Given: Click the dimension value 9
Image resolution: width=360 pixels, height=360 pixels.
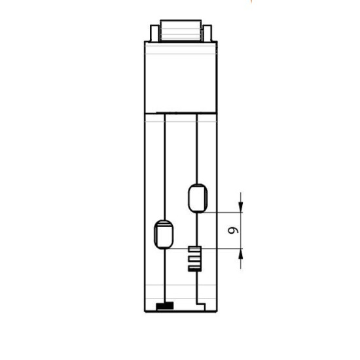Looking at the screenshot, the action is [x=233, y=230].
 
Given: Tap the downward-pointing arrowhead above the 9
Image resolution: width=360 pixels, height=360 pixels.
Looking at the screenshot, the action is [x=241, y=206].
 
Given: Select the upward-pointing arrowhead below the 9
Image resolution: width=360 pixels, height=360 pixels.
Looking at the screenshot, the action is [x=241, y=255].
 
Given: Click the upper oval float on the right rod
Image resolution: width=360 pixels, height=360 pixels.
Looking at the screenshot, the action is [x=198, y=198].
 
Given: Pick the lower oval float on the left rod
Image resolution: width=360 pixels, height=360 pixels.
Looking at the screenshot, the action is [x=164, y=234].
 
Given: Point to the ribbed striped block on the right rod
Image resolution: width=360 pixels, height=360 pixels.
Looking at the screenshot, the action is [x=195, y=259].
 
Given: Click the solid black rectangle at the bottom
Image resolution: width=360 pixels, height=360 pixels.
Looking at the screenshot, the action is [x=165, y=306].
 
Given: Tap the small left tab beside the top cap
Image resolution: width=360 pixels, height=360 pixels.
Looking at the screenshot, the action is [x=154, y=33].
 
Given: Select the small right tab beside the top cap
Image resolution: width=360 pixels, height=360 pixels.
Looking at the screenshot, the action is [x=207, y=33].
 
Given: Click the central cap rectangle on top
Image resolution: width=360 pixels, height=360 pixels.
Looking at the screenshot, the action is [x=181, y=30].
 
